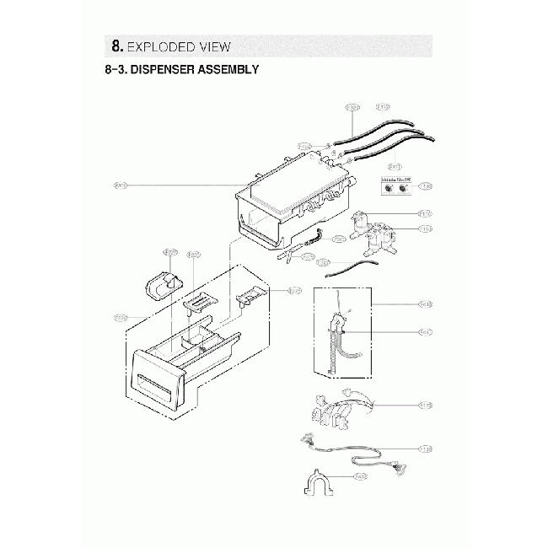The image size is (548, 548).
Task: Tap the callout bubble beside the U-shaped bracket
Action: click(360, 477)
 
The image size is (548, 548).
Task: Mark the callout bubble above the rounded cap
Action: click(169, 252)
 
